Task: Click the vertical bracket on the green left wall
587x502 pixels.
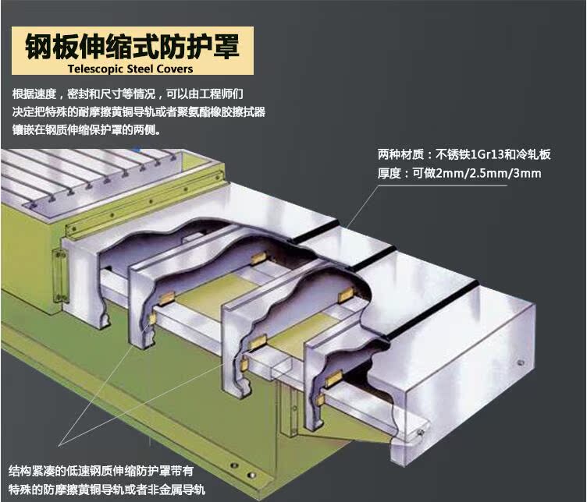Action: coord(56,270)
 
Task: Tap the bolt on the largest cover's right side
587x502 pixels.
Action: coord(518,362)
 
